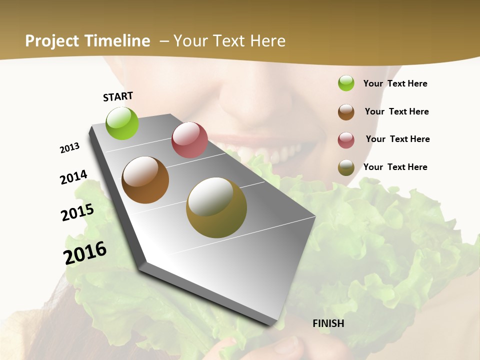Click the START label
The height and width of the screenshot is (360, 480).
click(x=118, y=96)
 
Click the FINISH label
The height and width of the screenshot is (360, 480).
click(x=328, y=323)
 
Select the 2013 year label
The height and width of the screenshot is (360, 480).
click(x=70, y=148)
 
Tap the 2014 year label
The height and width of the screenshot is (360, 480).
click(x=74, y=177)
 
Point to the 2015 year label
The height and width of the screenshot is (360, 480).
click(x=77, y=212)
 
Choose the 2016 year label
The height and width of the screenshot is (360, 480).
click(x=85, y=252)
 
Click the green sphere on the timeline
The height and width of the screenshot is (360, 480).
click(x=122, y=123)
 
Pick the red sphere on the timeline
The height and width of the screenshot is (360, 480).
click(x=189, y=140)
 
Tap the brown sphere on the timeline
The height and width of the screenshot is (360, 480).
click(x=145, y=180)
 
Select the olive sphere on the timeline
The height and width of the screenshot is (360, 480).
click(x=216, y=207)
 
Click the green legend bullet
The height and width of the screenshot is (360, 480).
click(x=346, y=83)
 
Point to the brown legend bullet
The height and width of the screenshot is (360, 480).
click(x=346, y=112)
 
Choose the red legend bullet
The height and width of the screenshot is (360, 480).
click(x=346, y=140)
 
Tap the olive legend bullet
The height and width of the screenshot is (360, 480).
click(x=346, y=167)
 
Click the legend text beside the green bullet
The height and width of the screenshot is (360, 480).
click(x=395, y=83)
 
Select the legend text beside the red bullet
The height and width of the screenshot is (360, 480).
click(x=397, y=139)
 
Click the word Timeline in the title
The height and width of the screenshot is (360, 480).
click(x=118, y=41)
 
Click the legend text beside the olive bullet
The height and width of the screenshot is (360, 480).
click(x=395, y=167)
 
